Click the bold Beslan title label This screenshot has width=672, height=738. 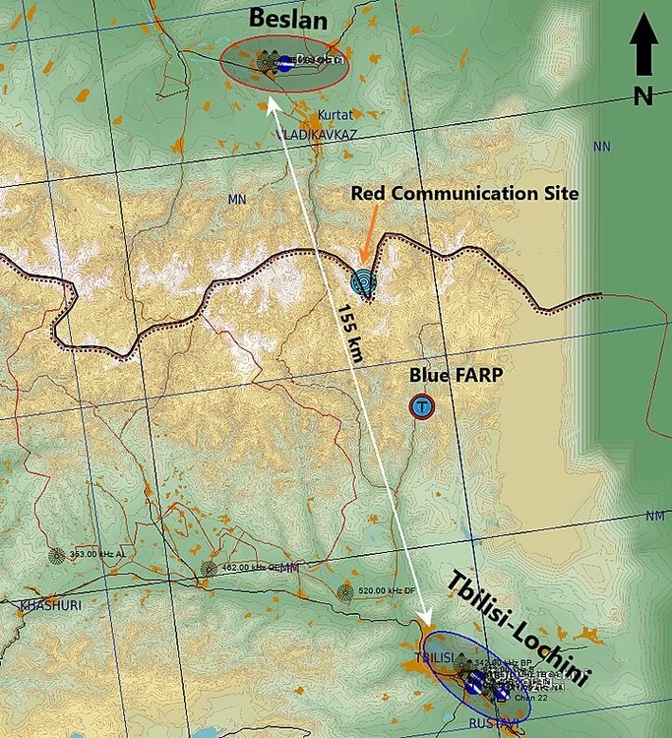point(288,18)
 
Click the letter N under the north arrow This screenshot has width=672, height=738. point(643,95)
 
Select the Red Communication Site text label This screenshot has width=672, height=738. point(464,193)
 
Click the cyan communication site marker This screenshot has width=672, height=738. point(364,282)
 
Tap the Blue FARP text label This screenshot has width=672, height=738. point(450,375)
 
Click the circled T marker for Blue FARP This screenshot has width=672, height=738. point(422,406)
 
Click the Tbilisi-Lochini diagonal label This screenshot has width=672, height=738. point(518,628)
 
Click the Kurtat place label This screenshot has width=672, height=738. point(335,115)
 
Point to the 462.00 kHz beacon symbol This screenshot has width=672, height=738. point(209,568)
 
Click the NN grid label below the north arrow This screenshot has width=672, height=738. point(601,147)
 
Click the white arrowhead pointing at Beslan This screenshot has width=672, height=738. point(274,103)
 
